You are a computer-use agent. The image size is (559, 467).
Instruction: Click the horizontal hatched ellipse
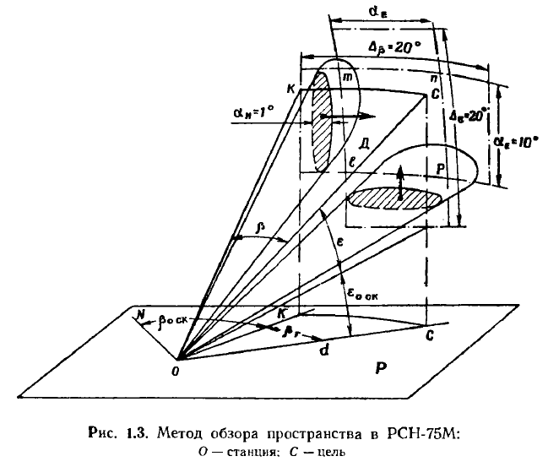[396, 199]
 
